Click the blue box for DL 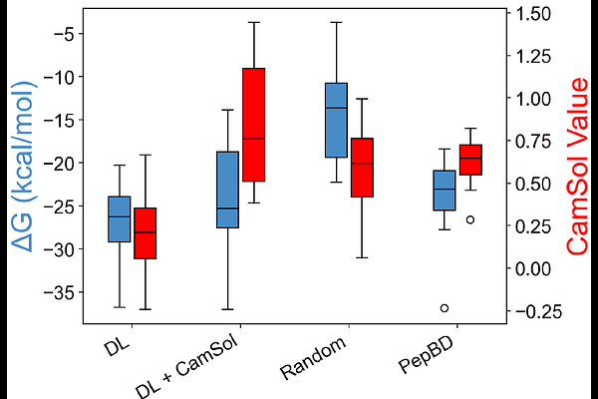pyautogui.click(x=120, y=219)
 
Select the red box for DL pyautogui.click(x=146, y=233)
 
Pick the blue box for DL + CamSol pyautogui.click(x=227, y=190)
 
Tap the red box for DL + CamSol pyautogui.click(x=254, y=125)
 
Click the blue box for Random pyautogui.click(x=336, y=120)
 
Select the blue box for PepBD pyautogui.click(x=445, y=190)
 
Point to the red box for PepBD pyautogui.click(x=470, y=160)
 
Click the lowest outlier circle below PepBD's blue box pyautogui.click(x=445, y=308)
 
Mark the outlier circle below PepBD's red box pyautogui.click(x=470, y=219)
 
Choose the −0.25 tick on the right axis pyautogui.click(x=532, y=311)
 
